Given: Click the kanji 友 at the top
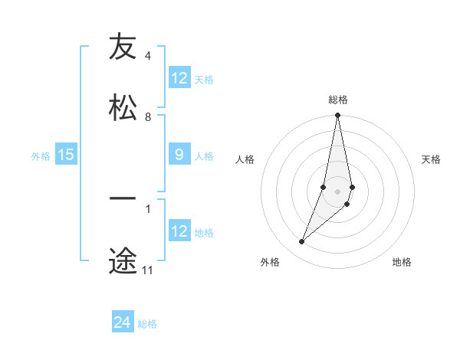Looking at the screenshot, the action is coord(123,48).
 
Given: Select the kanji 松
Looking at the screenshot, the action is coord(123,108).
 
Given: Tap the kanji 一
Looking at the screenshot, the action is coord(123,198).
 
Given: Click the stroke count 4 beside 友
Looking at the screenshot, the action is coord(147,56).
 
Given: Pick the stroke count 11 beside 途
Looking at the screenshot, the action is coord(147,270).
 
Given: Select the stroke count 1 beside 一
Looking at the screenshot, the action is coord(147,207).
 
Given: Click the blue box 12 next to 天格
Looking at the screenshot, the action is coord(179,78).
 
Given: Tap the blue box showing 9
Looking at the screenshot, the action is coord(179,155).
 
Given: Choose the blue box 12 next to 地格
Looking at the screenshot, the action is coord(179,231).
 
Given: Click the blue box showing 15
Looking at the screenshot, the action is coord(66,155).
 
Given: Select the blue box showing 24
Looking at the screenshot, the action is coord(123,322).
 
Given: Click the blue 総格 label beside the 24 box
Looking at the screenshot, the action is coord(148,324).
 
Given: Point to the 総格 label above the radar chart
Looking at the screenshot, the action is coord(338,100).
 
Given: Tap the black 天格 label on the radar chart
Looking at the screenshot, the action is coord(432,159).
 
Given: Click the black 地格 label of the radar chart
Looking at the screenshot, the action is coord(402,262).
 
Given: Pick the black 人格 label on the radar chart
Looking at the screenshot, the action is coord(245,159).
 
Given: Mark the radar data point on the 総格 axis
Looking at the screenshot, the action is coord(337,116).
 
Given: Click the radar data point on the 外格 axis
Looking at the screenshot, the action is coord(302,241).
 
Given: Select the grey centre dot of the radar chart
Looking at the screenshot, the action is coord(337,191).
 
